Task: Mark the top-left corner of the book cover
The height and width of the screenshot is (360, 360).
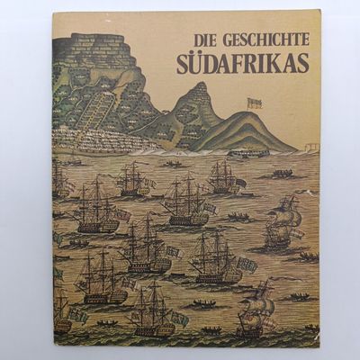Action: coord(52,13)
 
